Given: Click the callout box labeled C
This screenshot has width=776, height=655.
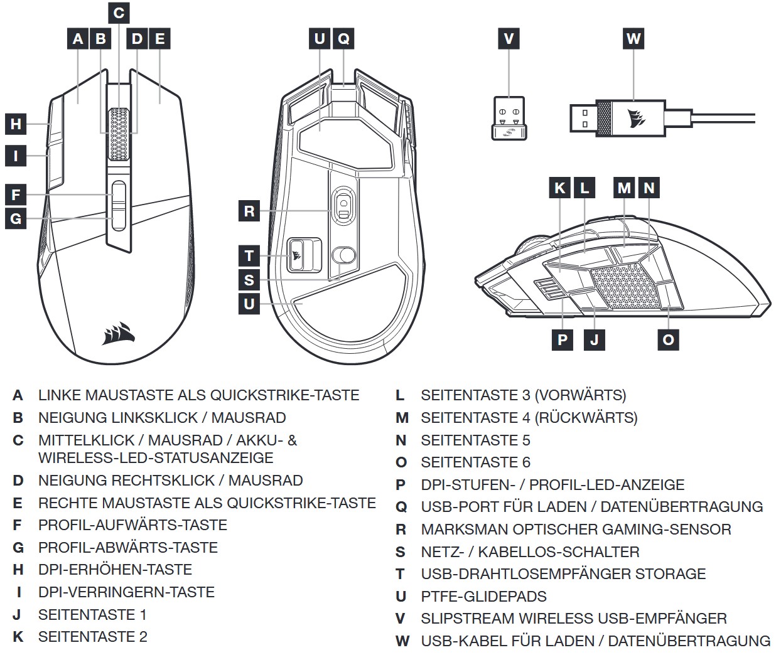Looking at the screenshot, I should click(119, 13).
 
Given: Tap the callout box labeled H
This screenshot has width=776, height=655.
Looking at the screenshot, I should click(16, 124).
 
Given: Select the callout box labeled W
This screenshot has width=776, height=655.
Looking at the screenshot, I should click(633, 39).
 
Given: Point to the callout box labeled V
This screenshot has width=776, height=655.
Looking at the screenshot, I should click(509, 39).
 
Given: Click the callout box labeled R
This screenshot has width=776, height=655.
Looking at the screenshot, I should click(249, 211).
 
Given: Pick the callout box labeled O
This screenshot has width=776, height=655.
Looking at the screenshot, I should click(668, 339).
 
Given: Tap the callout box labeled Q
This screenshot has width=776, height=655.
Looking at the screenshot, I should click(343, 39).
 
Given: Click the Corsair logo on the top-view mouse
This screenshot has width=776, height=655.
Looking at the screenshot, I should click(119, 333).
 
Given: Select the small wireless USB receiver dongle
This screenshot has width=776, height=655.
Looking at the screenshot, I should click(509, 118).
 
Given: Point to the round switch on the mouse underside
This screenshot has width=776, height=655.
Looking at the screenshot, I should click(343, 255).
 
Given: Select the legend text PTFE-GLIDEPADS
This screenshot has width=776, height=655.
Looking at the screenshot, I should click(483, 597).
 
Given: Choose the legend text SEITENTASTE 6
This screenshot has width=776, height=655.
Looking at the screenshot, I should click(475, 462).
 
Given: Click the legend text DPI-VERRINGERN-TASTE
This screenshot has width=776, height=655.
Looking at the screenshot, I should click(126, 592).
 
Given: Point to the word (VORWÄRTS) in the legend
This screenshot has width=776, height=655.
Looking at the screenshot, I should click(580, 395).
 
